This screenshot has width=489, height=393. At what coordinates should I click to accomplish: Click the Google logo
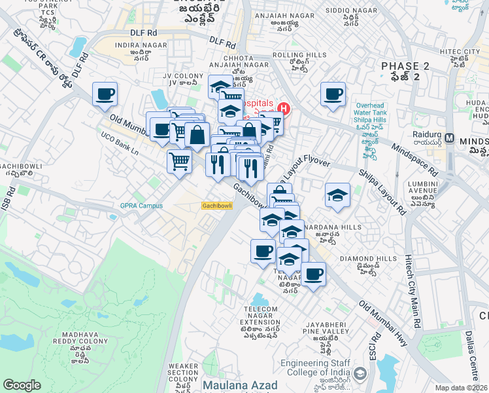pos(22,385)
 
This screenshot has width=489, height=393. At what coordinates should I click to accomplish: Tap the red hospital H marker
pos(284,108)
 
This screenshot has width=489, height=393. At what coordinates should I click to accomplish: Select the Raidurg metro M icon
pos(450,138)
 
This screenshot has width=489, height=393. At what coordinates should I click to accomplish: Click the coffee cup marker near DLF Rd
pos(105,94)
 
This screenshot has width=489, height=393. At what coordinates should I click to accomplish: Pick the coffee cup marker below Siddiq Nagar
pos(332,94)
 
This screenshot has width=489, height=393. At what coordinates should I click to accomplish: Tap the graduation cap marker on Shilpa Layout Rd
pos(337,195)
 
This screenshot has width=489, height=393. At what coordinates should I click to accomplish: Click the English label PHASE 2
pos(405,66)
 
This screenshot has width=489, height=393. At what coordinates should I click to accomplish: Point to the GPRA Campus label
pos(141,206)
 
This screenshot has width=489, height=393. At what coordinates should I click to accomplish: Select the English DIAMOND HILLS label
pos(369,259)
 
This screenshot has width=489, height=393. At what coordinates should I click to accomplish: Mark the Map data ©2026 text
pos(462,388)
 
